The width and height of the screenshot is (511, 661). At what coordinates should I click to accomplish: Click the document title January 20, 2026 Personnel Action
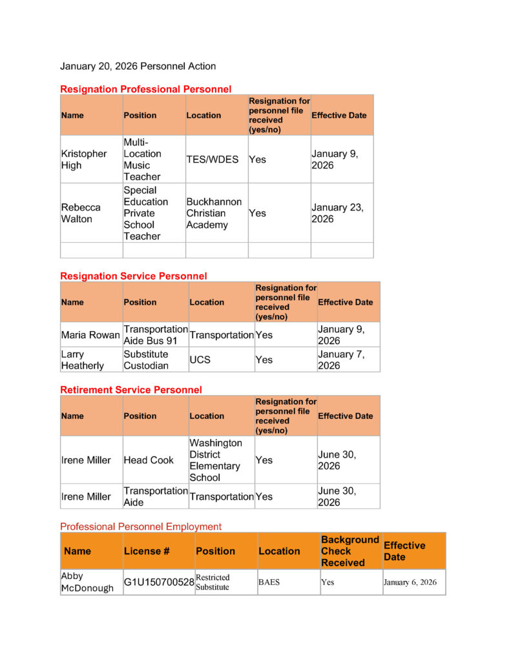[x=138, y=66]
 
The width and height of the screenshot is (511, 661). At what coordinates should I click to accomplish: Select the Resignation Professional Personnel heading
[x=145, y=89]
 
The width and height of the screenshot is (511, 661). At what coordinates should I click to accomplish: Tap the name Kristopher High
[x=83, y=159]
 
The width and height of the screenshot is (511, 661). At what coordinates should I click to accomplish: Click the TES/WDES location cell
[x=213, y=159]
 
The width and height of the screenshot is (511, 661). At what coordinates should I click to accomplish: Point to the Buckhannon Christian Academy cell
[x=214, y=213]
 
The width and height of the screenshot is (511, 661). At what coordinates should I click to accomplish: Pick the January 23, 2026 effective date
[x=337, y=213]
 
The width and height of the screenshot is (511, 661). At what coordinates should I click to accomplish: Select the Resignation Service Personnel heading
[x=133, y=276]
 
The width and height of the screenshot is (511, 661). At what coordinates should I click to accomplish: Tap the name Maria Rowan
[x=90, y=335]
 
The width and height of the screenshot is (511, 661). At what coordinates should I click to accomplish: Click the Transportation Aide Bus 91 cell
[x=155, y=335]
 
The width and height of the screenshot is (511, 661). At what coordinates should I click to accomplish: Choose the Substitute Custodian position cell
[x=146, y=360]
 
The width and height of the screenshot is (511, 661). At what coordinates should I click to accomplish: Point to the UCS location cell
[x=200, y=360]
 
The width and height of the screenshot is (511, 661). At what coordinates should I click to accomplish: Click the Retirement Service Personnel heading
[x=130, y=390]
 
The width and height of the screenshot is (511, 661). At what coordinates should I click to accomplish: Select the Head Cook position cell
[x=149, y=460]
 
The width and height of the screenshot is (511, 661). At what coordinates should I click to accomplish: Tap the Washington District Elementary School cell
[x=216, y=460]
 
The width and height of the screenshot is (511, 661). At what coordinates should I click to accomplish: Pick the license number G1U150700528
[x=159, y=582]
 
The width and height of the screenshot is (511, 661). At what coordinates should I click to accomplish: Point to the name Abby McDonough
[x=87, y=582]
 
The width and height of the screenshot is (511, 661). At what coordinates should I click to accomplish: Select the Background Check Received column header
[x=349, y=551]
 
